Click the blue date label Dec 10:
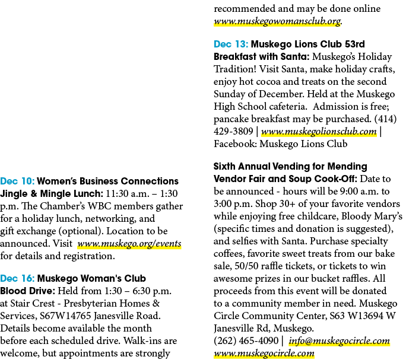(x=17, y=181)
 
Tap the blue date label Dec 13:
(x=231, y=44)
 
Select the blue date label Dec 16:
(x=17, y=278)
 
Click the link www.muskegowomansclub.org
(x=277, y=21)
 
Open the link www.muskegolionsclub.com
(x=319, y=132)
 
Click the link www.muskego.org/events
(x=129, y=244)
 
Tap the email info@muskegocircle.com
(x=339, y=340)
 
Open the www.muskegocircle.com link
(x=264, y=353)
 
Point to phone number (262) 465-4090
(x=246, y=340)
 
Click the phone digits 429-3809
(x=233, y=132)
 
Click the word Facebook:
(x=236, y=144)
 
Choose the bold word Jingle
(x=15, y=194)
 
